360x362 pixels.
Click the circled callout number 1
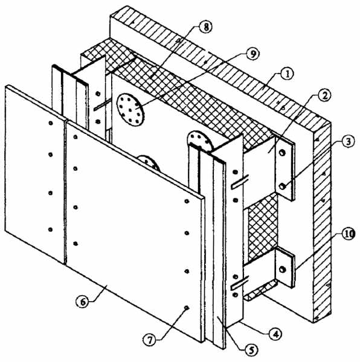[286, 75]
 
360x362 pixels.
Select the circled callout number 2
[324, 96]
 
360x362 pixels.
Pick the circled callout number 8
[205, 27]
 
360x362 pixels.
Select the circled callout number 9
[252, 54]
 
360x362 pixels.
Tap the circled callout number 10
[347, 233]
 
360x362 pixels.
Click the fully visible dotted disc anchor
[130, 110]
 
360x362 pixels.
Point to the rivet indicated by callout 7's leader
[187, 308]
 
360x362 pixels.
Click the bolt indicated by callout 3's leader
[282, 186]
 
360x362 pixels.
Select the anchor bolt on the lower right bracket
[282, 269]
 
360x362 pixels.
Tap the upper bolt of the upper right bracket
[282, 153]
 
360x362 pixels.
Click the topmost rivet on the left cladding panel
[51, 123]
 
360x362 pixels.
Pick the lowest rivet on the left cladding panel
[50, 229]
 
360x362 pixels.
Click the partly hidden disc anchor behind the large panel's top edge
[149, 163]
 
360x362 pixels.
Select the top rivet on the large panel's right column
[187, 202]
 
